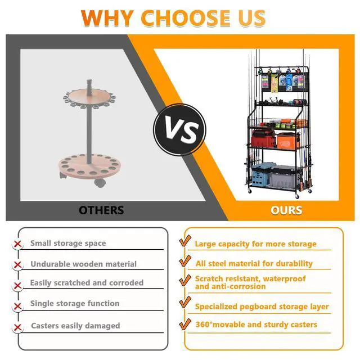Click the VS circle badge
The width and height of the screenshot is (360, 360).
coord(179,130)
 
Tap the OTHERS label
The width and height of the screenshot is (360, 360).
coord(101,210)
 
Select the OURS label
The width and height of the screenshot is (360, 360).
coord(286,210)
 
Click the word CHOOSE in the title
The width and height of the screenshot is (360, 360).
coord(186,18)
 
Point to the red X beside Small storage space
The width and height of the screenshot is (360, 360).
coord(17,244)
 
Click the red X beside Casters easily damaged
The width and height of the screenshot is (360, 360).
coord(17,327)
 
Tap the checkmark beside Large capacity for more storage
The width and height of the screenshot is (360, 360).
coord(185,241)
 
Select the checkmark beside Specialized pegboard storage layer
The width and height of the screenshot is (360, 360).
coord(185,302)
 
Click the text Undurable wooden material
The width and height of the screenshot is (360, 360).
coord(84,264)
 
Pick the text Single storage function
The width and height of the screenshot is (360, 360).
coord(75,304)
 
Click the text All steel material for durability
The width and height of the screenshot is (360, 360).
coord(254,264)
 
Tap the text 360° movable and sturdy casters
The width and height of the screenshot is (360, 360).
coord(256,325)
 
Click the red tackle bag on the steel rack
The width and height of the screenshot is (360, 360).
coord(263,138)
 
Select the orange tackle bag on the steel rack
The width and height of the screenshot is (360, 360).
coord(287,141)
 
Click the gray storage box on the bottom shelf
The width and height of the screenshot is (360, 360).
coord(283,177)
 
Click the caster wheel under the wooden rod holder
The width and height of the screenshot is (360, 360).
coord(100,183)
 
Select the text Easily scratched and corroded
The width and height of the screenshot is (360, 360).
coord(87,282)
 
